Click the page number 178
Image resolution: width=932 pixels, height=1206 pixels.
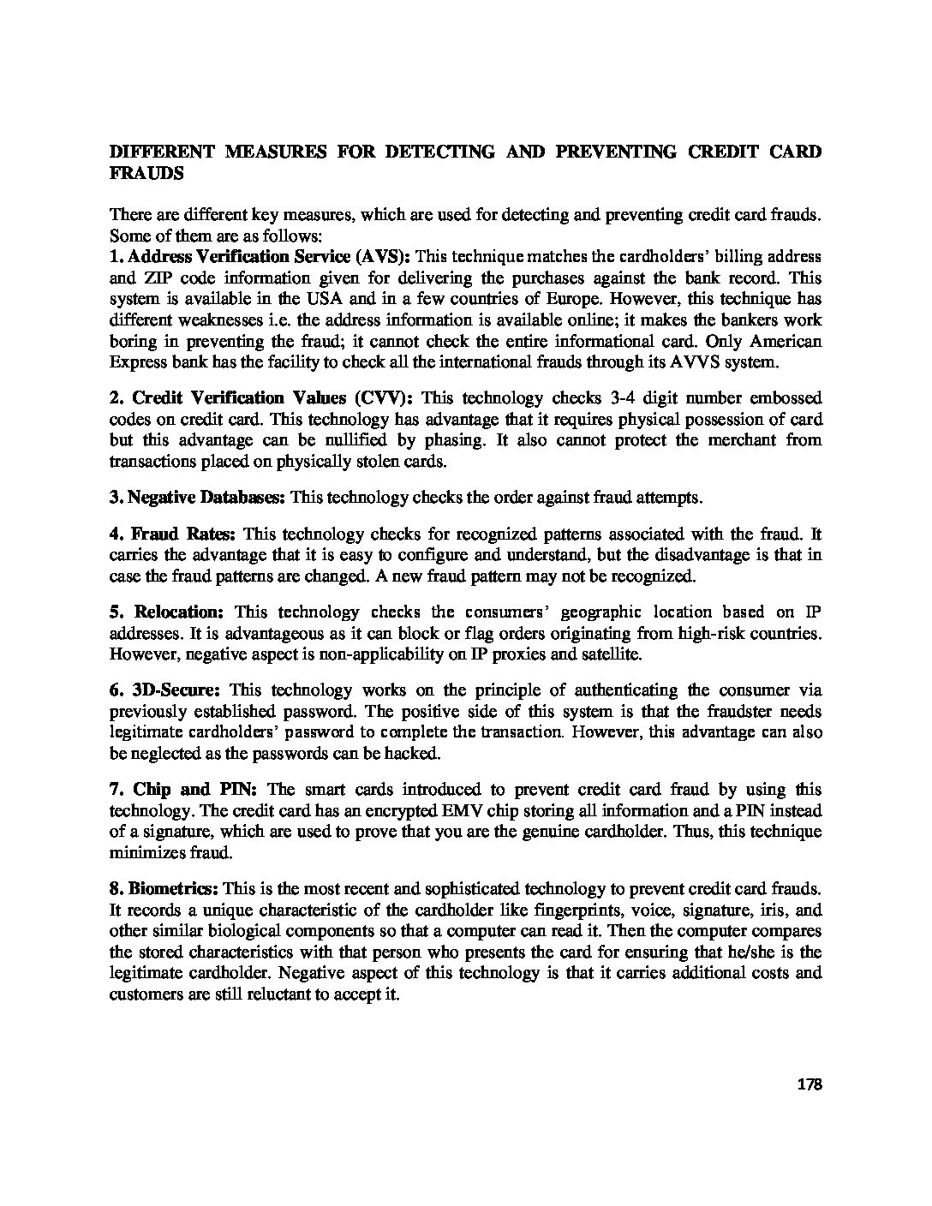(x=809, y=1085)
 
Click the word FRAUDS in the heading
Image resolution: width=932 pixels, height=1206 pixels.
(x=146, y=172)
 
